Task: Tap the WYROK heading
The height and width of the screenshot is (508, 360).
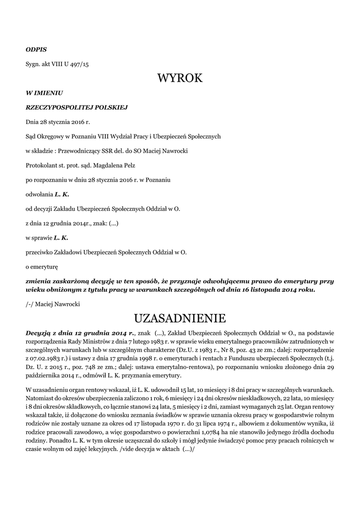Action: pos(180,78)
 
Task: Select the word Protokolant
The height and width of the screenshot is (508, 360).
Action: pos(42,165)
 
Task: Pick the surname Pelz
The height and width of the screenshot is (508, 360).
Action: pos(129,165)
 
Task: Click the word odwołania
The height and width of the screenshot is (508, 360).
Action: pos(39,194)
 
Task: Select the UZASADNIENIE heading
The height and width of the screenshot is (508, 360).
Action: pos(180,317)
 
